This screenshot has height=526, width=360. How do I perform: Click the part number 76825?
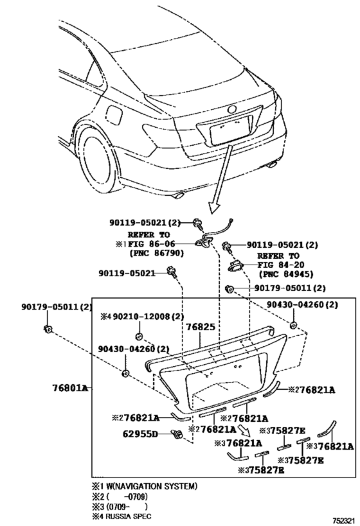click(x=201, y=327)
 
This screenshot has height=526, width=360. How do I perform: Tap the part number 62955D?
click(x=139, y=434)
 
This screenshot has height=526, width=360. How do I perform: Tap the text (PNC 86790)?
click(x=157, y=254)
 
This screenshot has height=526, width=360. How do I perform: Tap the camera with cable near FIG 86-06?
click(x=206, y=241)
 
